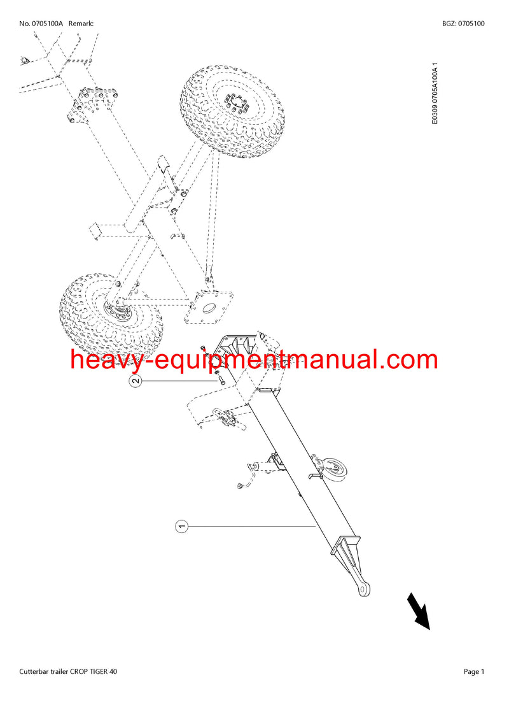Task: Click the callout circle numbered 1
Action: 182,526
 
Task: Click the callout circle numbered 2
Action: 136,381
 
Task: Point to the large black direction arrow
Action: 418,611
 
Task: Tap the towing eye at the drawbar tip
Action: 363,589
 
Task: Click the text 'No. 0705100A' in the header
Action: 41,24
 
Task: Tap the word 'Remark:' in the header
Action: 81,24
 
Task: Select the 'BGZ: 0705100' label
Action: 464,24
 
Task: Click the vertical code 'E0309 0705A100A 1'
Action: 435,94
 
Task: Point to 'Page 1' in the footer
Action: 474,672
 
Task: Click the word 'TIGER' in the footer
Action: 98,672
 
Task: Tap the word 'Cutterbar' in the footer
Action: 34,672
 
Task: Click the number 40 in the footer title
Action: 113,672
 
